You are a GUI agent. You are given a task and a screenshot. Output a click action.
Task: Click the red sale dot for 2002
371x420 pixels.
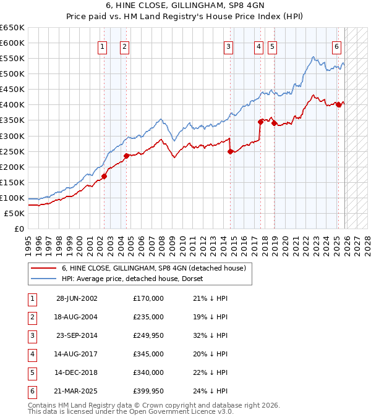(x=104, y=176)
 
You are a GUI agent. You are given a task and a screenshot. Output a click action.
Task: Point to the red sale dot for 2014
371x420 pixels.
(x=230, y=151)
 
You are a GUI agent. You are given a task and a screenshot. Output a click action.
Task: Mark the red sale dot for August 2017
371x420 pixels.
(x=260, y=122)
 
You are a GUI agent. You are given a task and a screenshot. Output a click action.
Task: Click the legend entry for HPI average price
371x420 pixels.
(x=136, y=279)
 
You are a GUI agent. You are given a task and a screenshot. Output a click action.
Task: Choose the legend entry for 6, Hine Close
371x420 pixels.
(x=153, y=268)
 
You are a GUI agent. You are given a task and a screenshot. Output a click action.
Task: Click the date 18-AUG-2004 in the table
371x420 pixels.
(x=77, y=317)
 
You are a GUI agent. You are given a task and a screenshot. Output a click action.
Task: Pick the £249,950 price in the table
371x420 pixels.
(x=148, y=335)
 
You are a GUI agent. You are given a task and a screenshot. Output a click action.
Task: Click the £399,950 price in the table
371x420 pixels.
(x=148, y=391)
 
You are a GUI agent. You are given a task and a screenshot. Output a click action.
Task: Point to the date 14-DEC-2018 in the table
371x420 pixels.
(x=77, y=372)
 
